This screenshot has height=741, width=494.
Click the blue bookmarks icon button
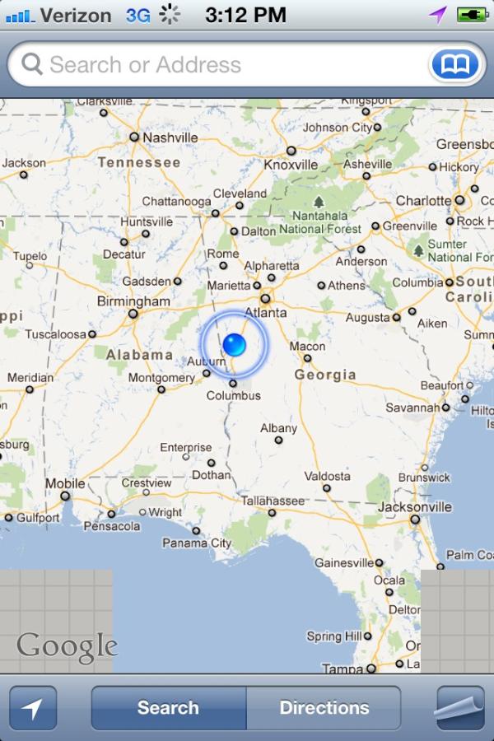click(x=455, y=64)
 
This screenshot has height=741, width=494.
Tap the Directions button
click(x=324, y=707)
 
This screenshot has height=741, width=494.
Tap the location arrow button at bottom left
click(x=33, y=708)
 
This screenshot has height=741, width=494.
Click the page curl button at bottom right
click(x=460, y=708)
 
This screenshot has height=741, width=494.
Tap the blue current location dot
click(x=235, y=343)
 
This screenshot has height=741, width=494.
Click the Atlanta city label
click(x=265, y=313)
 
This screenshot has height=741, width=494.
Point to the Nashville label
click(x=170, y=137)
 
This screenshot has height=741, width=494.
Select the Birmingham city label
click(x=133, y=301)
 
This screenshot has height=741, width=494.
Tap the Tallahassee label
click(x=273, y=501)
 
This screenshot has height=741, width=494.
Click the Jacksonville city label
click(x=415, y=507)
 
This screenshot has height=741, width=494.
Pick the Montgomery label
click(x=161, y=378)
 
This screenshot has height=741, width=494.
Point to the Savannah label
click(x=412, y=408)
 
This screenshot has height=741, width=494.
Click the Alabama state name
click(x=140, y=355)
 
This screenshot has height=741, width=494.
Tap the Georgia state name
click(x=325, y=375)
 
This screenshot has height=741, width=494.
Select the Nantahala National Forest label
click(x=319, y=222)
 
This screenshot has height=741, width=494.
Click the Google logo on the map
click(x=67, y=646)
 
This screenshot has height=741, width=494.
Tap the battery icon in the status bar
click(x=472, y=14)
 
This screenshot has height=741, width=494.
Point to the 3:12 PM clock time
click(x=245, y=14)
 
